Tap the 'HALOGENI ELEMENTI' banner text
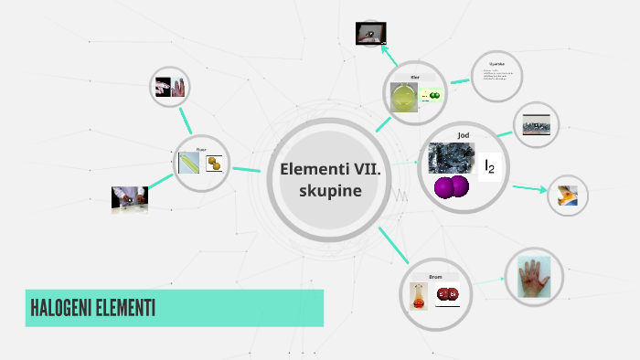[x=91, y=309]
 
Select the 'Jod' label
[x=463, y=135]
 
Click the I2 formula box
[x=490, y=165]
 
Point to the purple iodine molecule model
[x=451, y=187]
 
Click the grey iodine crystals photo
[x=449, y=156]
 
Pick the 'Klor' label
[x=414, y=78]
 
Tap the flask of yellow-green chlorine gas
[x=403, y=97]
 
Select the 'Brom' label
[x=435, y=275]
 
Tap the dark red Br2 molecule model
[x=447, y=294]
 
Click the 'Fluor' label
[x=201, y=149]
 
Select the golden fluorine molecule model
[x=216, y=164]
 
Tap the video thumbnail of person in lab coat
[x=129, y=199]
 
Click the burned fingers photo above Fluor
[x=169, y=88]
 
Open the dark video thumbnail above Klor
[x=370, y=34]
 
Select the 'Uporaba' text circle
[x=497, y=73]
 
